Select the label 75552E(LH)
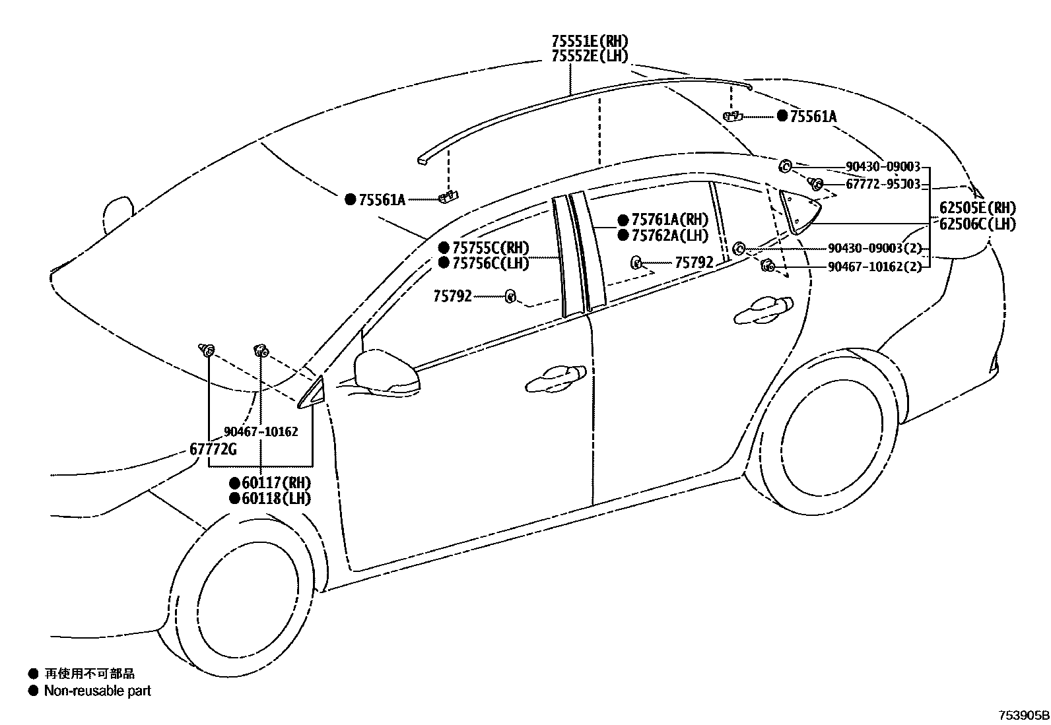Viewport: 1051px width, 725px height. click(x=589, y=56)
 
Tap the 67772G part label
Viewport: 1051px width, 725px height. click(x=213, y=449)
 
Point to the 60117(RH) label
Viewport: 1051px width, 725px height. click(x=275, y=482)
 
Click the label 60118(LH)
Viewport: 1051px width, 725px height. click(x=275, y=498)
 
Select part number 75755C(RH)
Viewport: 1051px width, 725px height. click(x=491, y=247)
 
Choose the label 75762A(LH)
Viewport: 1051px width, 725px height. click(x=669, y=236)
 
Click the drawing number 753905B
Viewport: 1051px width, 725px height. click(x=1023, y=715)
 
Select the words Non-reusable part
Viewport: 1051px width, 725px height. click(x=97, y=691)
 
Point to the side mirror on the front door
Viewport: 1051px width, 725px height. click(x=386, y=374)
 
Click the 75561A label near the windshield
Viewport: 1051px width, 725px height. click(x=382, y=199)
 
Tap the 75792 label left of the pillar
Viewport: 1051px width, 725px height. click(x=452, y=296)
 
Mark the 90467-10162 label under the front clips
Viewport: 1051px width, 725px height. click(x=261, y=431)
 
